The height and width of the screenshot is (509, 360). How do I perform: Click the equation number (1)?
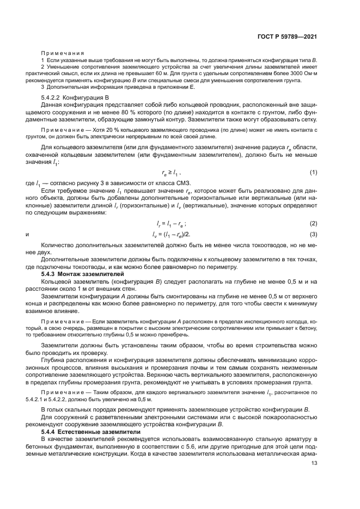(313, 172)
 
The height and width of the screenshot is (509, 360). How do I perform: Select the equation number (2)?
(313, 224)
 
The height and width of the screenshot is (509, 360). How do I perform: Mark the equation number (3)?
(313, 234)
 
